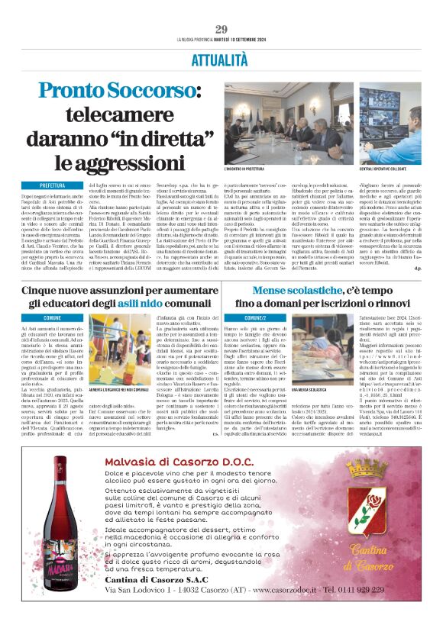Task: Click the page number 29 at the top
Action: [x=221, y=29]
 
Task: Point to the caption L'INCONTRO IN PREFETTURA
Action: [x=250, y=166]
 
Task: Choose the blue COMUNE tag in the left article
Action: [x=52, y=317]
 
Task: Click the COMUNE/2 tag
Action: [x=256, y=317]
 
